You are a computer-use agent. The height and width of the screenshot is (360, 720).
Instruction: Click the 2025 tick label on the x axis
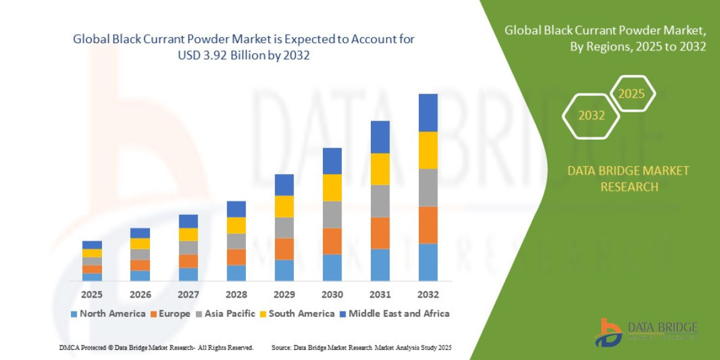pyautogui.click(x=92, y=295)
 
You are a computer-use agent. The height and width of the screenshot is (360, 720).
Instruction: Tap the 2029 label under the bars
pyautogui.click(x=284, y=295)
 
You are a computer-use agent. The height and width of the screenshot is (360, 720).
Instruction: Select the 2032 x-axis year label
pyautogui.click(x=428, y=295)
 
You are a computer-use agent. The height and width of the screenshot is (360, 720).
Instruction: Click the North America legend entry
pyautogui.click(x=108, y=313)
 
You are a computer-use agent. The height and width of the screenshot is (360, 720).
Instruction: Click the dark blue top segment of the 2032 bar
pyautogui.click(x=428, y=113)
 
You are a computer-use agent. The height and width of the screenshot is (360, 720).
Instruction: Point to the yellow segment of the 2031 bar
pyautogui.click(x=380, y=169)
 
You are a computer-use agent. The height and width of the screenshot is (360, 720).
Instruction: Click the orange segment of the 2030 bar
pyautogui.click(x=332, y=241)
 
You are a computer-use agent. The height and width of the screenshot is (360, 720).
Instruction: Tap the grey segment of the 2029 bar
pyautogui.click(x=284, y=227)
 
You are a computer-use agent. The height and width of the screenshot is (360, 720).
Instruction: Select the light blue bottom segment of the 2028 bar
pyautogui.click(x=236, y=273)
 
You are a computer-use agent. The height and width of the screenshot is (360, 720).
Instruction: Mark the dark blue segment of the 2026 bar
pyautogui.click(x=140, y=233)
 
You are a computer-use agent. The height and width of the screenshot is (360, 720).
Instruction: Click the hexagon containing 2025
pyautogui.click(x=631, y=94)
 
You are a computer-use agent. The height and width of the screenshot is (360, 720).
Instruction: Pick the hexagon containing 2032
pyautogui.click(x=591, y=116)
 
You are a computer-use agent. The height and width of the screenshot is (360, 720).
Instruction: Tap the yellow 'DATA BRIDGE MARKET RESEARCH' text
pyautogui.click(x=628, y=179)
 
